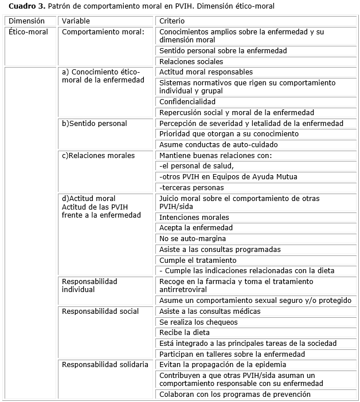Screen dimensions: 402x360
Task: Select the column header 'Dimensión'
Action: pyautogui.click(x=26, y=21)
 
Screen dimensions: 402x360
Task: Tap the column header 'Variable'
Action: pyautogui.click(x=76, y=21)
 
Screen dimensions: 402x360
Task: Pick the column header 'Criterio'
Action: pyautogui.click(x=173, y=21)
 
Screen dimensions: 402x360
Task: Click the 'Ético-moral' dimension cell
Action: pyautogui.click(x=29, y=32)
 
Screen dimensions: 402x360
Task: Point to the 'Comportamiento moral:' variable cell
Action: pyautogui.click(x=103, y=32)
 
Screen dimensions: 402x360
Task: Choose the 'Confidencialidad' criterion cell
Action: pyautogui.click(x=187, y=102)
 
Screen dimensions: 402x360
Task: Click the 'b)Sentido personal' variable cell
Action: pyautogui.click(x=95, y=124)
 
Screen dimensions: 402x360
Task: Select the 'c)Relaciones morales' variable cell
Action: pyautogui.click(x=99, y=156)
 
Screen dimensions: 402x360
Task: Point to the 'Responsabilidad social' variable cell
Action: pyautogui.click(x=100, y=312)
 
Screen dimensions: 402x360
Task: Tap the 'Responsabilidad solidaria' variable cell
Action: pyautogui.click(x=105, y=365)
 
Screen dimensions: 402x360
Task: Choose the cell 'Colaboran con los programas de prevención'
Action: pyautogui.click(x=234, y=395)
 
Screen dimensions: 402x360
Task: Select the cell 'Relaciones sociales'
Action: pyautogui.click(x=191, y=62)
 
